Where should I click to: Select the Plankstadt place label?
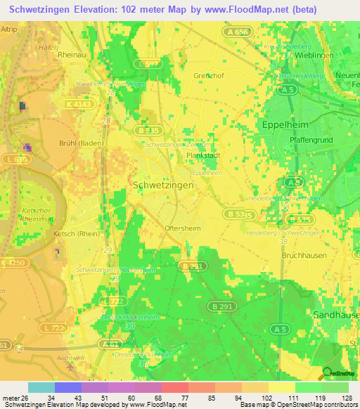coord(204,156)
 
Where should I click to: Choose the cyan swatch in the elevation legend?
coord(41,387)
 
